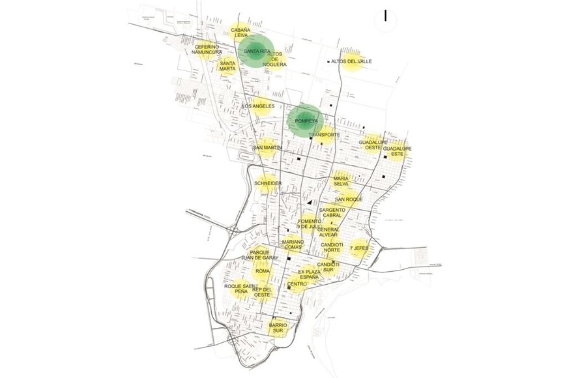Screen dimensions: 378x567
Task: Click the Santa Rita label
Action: point(257,51)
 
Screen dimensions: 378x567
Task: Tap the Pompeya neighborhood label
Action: point(306,121)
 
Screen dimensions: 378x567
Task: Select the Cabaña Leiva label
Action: point(240,33)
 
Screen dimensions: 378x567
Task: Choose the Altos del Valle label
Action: point(351,61)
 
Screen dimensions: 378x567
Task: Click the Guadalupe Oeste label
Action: point(373,145)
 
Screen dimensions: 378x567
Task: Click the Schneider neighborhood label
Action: point(268,184)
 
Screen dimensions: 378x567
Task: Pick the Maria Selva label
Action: point(342,181)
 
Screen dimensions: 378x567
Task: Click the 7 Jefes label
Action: point(359,248)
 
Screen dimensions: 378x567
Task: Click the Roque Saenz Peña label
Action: point(238,289)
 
